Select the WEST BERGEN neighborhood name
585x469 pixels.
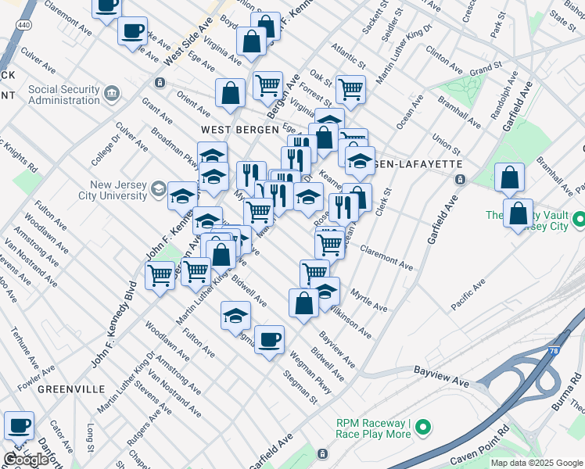coord(232,129)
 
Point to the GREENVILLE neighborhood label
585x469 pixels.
coord(71,388)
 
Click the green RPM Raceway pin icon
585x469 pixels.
coord(423,428)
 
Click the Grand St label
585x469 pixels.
coord(485,71)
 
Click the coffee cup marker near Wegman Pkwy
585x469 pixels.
coord(269,340)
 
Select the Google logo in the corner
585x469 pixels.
coord(25,460)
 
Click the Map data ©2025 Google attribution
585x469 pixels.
coord(536,463)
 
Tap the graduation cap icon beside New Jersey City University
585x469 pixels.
coord(182,195)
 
